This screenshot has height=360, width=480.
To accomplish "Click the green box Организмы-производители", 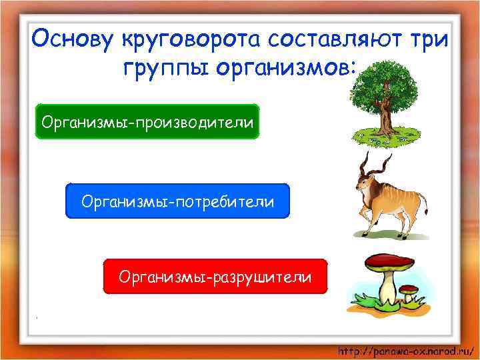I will [x=147, y=121].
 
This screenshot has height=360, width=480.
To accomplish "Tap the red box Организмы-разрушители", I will [x=215, y=277].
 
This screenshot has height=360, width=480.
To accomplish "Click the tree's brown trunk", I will [x=386, y=119].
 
